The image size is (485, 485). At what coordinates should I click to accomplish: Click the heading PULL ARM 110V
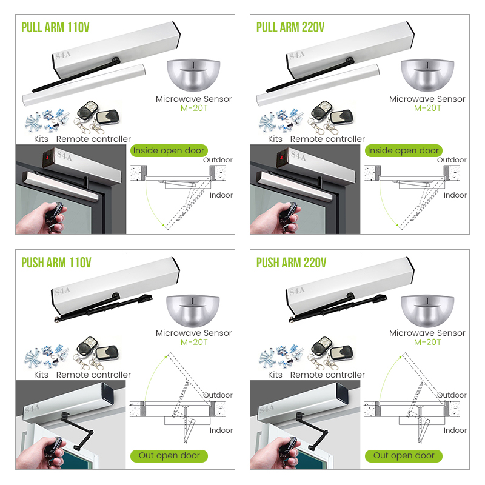(56, 28)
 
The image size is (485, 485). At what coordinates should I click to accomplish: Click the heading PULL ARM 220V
(290, 28)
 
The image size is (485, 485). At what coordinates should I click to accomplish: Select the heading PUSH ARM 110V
(56, 263)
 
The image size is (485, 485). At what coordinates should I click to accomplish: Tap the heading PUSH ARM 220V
(291, 263)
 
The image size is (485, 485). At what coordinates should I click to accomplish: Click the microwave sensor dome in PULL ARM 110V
(193, 75)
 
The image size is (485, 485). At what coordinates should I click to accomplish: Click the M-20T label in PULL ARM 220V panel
(427, 108)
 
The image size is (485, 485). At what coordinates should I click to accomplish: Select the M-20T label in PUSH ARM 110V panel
(193, 342)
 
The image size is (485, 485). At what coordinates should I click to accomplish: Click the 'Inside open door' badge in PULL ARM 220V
(403, 150)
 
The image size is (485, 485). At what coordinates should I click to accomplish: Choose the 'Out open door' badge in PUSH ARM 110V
(170, 455)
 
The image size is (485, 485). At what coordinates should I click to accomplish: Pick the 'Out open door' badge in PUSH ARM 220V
(404, 455)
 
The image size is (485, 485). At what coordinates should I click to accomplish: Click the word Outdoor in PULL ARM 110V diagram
(218, 160)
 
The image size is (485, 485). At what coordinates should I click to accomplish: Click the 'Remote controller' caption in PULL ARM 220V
(327, 139)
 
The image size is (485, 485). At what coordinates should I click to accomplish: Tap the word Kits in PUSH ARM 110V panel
(41, 375)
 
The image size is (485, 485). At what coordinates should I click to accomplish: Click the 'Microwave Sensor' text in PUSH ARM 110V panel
(193, 333)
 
